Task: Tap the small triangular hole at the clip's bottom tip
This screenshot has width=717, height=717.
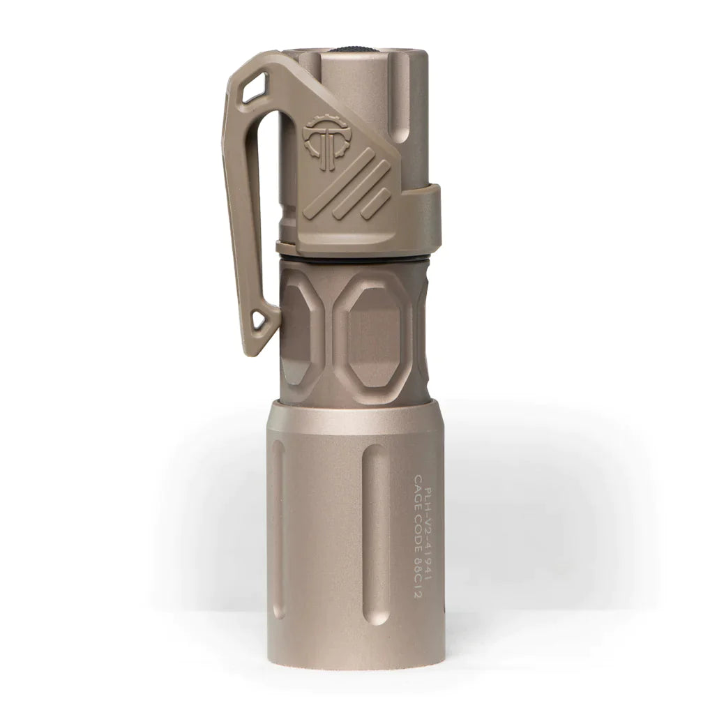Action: pyautogui.click(x=262, y=320)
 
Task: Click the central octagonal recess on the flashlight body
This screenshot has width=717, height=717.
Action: pyautogui.click(x=372, y=334)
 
